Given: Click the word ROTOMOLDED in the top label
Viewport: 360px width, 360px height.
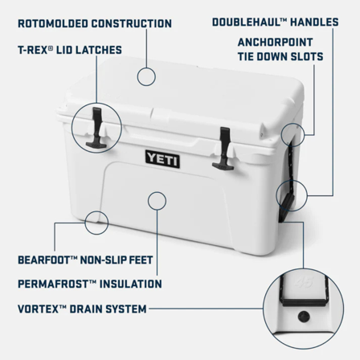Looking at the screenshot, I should point(49,23).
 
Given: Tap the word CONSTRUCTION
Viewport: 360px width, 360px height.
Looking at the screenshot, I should point(132,23).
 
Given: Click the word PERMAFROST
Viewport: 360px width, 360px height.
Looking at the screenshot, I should point(52,284).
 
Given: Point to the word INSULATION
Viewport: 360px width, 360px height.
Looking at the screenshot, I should point(128,284).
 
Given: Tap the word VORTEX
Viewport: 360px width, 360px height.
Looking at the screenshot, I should point(37,307).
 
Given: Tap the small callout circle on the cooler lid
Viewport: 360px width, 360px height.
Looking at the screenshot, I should point(145,76).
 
